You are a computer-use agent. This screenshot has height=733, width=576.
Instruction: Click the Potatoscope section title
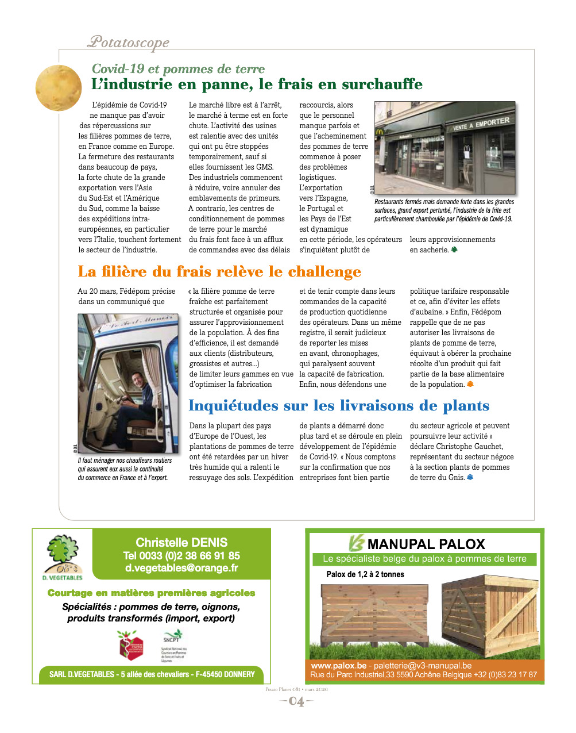click(128, 41)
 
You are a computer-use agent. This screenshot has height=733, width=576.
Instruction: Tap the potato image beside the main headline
click(59, 88)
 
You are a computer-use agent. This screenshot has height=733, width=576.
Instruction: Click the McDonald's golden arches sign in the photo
click(380, 132)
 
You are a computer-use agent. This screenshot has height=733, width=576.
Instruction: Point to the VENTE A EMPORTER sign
click(481, 124)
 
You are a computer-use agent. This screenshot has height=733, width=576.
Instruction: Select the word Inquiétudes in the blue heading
click(234, 406)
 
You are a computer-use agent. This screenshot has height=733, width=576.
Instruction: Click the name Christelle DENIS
click(181, 542)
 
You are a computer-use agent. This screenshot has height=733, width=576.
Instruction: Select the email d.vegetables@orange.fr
click(181, 568)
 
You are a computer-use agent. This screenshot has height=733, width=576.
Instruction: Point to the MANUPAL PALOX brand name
click(426, 544)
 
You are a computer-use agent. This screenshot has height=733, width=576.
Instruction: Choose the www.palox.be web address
click(338, 666)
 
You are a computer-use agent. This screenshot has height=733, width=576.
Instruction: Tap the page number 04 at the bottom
click(296, 701)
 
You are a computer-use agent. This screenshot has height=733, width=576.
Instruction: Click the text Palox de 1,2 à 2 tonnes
click(365, 574)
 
